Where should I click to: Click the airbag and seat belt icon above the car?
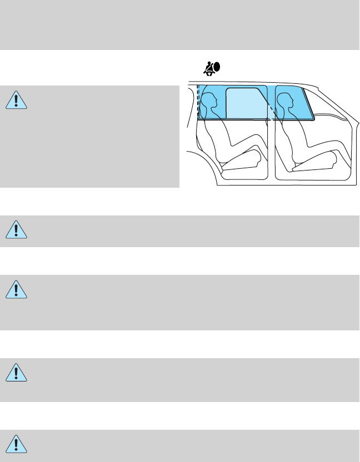click(211, 68)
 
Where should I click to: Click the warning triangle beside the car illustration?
click(17, 99)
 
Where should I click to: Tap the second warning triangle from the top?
click(17, 229)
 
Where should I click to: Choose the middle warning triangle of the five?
click(17, 289)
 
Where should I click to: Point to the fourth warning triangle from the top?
click(17, 371)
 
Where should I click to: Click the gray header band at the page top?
click(180, 25)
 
